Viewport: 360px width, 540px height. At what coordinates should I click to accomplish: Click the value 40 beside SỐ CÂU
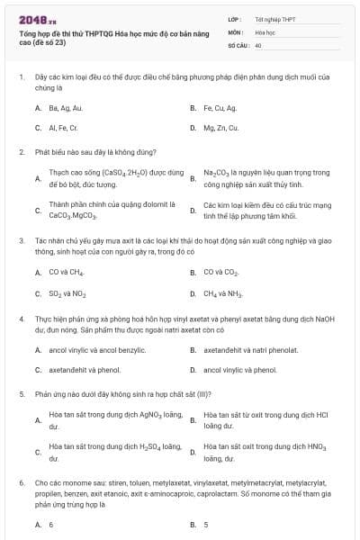258,44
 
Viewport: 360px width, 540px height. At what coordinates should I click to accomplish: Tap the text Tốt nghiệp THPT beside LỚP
274,19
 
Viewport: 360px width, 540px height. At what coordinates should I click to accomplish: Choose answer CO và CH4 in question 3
67,271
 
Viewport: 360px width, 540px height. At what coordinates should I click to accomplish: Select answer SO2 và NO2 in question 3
67,292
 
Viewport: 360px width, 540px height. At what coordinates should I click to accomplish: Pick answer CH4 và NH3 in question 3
222,292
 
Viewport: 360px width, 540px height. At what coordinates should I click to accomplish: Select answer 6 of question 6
51,524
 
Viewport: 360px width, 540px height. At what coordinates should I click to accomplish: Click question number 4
21,319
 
